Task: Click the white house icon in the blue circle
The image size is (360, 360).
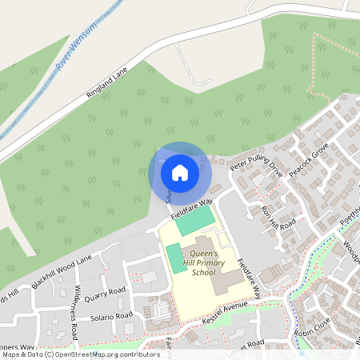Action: pyautogui.click(x=180, y=172)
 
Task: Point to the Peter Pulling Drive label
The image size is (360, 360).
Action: pyautogui.click(x=257, y=160)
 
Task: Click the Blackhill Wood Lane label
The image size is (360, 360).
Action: pyautogui.click(x=62, y=272)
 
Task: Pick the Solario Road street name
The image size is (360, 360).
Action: pyautogui.click(x=112, y=318)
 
